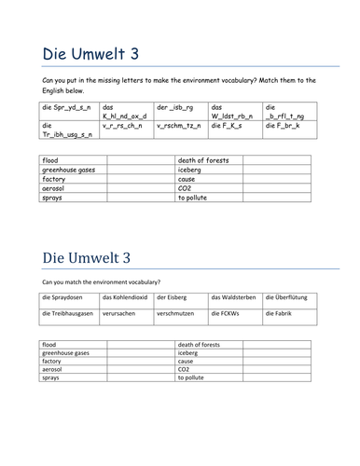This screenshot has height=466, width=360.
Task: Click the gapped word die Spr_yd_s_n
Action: pyautogui.click(x=66, y=108)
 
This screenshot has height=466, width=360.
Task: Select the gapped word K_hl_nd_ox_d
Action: pyautogui.click(x=124, y=116)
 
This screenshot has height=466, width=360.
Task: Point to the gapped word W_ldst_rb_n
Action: pyautogui.click(x=232, y=116)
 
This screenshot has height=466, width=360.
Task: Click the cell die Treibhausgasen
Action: pyautogui.click(x=70, y=314)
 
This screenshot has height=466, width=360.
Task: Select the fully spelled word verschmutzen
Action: pyautogui.click(x=176, y=314)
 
